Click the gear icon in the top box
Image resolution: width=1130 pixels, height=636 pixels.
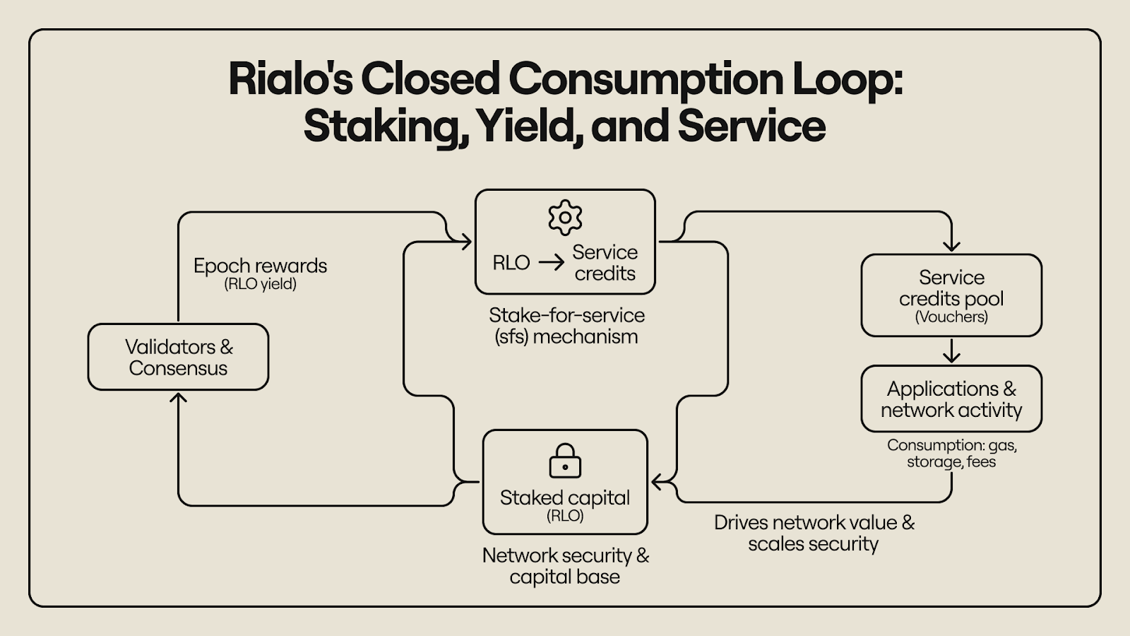pyautogui.click(x=565, y=218)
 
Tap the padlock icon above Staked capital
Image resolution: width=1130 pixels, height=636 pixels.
pyautogui.click(x=565, y=461)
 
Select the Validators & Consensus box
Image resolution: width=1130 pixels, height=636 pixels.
pyautogui.click(x=178, y=357)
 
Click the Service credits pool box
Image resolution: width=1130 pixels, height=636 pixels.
pyautogui.click(x=951, y=295)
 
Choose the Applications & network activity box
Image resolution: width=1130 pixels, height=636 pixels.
pyautogui.click(x=951, y=399)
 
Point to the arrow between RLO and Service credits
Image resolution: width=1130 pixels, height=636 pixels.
pyautogui.click(x=552, y=263)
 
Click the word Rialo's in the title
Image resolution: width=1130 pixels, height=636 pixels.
pyautogui.click(x=290, y=78)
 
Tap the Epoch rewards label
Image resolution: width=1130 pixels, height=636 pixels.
pyautogui.click(x=260, y=266)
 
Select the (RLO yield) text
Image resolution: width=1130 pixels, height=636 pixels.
pyautogui.click(x=260, y=284)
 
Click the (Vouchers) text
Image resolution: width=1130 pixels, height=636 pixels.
pyautogui.click(x=951, y=317)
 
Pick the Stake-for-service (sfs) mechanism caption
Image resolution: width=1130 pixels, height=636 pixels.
pyautogui.click(x=566, y=326)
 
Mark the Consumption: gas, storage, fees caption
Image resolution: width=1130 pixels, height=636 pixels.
pyautogui.click(x=951, y=454)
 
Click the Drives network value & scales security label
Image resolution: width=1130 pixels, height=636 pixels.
pyautogui.click(x=814, y=534)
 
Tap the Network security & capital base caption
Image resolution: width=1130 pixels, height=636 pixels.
pyautogui.click(x=565, y=566)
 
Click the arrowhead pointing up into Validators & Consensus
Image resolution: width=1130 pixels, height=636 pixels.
pyautogui.click(x=179, y=398)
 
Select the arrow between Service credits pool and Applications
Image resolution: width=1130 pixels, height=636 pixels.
pyautogui.click(x=951, y=351)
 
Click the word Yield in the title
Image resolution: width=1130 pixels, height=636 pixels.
pyautogui.click(x=528, y=126)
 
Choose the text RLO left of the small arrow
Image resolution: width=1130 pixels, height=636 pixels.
pyautogui.click(x=511, y=263)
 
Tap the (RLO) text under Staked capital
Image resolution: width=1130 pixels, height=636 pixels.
pyautogui.click(x=565, y=516)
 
